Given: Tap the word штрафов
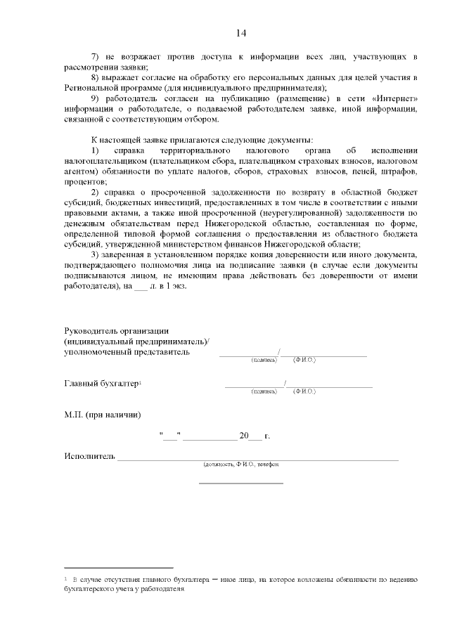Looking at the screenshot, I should click(x=401, y=172).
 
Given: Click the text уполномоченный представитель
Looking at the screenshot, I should click(x=127, y=351).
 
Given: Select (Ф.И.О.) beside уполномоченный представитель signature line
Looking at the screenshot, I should click(x=305, y=360).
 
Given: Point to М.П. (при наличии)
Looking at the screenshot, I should click(x=102, y=415).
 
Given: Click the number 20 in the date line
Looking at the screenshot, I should click(x=244, y=436).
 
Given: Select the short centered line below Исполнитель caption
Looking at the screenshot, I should click(x=241, y=484).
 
